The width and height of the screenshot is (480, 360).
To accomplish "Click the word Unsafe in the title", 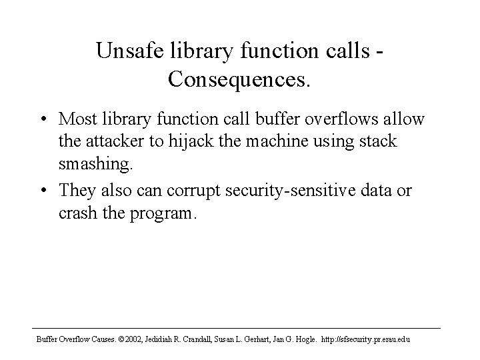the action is click(x=130, y=50).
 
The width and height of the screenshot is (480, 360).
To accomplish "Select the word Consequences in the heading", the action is click(x=236, y=80).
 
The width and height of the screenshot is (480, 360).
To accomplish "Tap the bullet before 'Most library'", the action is click(x=44, y=119).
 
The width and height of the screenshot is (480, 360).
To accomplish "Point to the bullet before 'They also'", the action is click(x=44, y=190).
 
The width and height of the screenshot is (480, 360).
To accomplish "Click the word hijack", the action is click(x=191, y=142).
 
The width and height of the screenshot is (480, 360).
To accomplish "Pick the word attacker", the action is click(x=115, y=141).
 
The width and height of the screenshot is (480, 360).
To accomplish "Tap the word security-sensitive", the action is click(x=291, y=190).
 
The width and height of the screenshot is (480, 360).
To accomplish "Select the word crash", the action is click(x=77, y=213).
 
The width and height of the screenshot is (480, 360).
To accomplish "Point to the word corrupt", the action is click(x=193, y=191).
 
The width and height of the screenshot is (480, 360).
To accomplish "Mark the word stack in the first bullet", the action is click(x=378, y=141).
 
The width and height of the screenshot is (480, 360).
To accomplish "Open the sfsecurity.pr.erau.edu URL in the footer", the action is click(x=365, y=339).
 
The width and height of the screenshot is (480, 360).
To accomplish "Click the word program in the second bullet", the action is click(x=161, y=213).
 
